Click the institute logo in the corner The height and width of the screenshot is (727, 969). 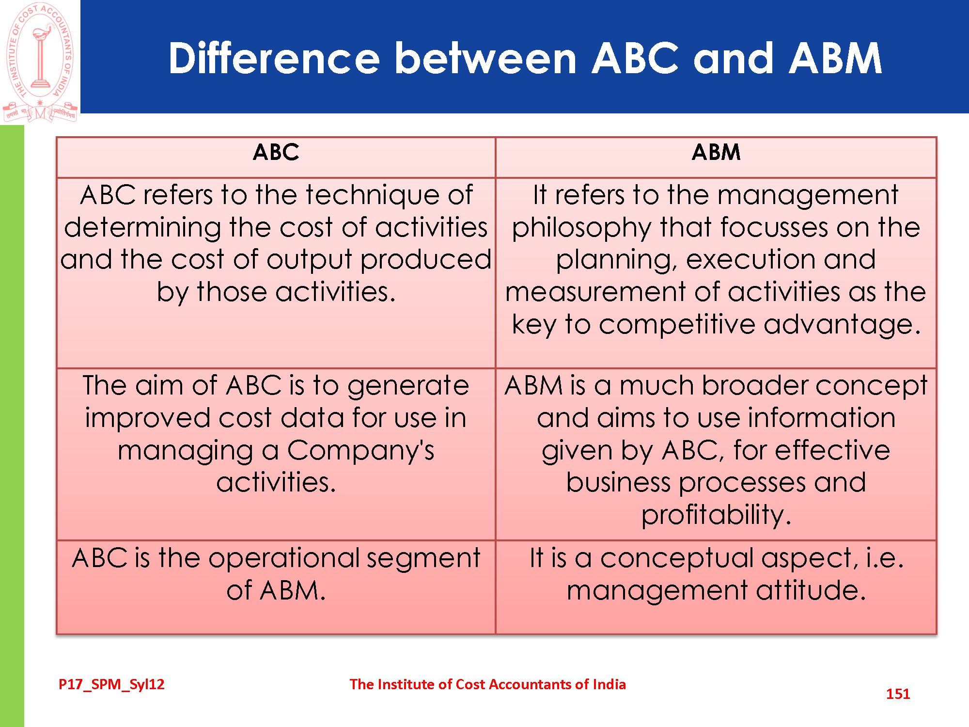pyautogui.click(x=40, y=62)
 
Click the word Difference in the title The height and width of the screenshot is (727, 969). pyautogui.click(x=274, y=58)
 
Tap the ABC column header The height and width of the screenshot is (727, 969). pyautogui.click(x=276, y=152)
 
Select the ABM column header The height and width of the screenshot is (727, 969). pyautogui.click(x=716, y=152)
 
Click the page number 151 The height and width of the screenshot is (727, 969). pyautogui.click(x=898, y=694)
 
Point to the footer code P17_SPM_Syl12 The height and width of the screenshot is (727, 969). pyautogui.click(x=111, y=684)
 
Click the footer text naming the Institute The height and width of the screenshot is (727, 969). pyautogui.click(x=487, y=684)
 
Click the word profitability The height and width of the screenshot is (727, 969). pyautogui.click(x=716, y=515)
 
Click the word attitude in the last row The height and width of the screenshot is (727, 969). pyautogui.click(x=811, y=591)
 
